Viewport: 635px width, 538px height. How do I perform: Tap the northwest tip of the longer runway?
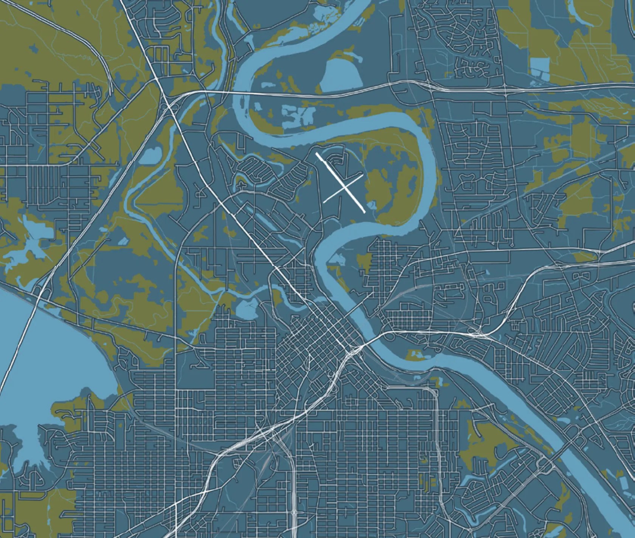pos(317,154)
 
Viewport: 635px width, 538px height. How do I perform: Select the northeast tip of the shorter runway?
pos(363,175)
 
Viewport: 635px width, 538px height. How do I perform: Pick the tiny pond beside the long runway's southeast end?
pos(372,205)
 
